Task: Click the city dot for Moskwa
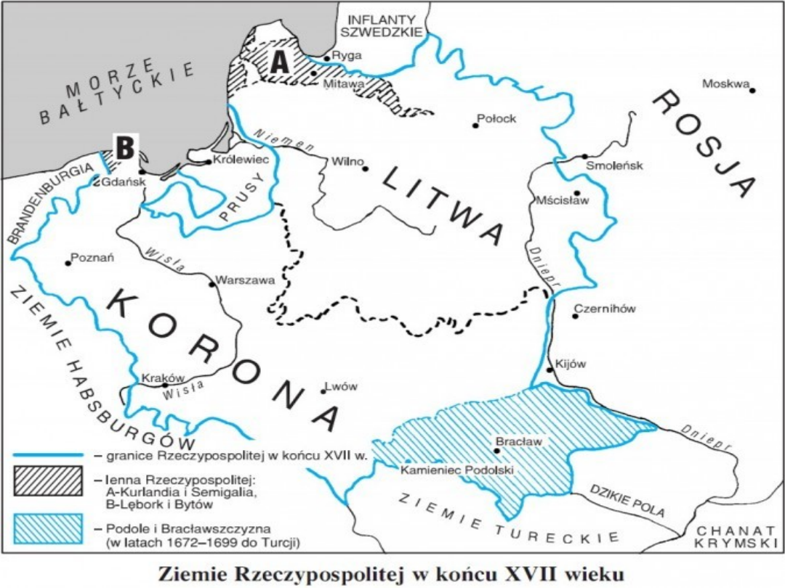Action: tap(752, 91)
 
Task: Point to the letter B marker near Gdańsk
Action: tap(126, 149)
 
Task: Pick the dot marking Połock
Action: tap(475, 126)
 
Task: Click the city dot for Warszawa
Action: tap(212, 284)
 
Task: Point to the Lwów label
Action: tap(344, 387)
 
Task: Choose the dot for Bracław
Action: tap(496, 450)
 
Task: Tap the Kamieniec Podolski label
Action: tap(457, 470)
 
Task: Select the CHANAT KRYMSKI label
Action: tap(735, 537)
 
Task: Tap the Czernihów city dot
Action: tap(575, 317)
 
